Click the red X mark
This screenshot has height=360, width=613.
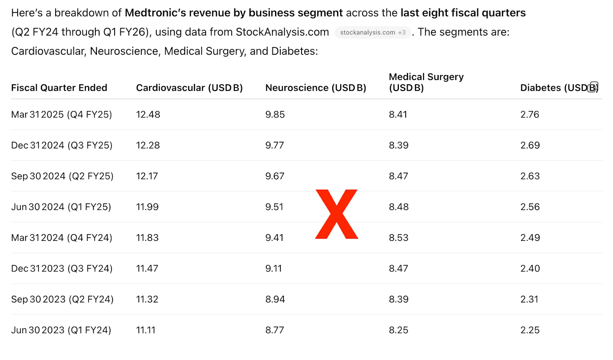(336, 214)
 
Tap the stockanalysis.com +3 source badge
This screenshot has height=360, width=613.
(372, 33)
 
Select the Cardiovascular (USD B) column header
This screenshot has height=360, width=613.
(189, 88)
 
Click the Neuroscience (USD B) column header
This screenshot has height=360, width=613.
(316, 88)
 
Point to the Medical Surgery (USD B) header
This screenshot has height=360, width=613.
(426, 82)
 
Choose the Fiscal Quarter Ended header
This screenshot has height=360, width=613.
(59, 88)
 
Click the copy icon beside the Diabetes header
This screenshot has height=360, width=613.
(593, 87)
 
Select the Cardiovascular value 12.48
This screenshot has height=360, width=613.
(148, 115)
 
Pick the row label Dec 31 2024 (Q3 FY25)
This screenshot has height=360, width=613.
(62, 146)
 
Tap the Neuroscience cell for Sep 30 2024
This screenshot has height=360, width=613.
(275, 176)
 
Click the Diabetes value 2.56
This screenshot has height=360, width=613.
(530, 207)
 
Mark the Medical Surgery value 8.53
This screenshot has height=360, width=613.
(398, 238)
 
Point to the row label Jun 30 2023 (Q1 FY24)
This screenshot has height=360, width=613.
(61, 330)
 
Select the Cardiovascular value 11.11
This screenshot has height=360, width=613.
(146, 330)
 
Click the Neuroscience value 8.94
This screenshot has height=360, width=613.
(275, 299)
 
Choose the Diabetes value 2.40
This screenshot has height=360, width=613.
(530, 268)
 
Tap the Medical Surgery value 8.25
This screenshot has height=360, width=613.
(398, 330)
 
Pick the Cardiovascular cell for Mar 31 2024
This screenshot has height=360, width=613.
(147, 238)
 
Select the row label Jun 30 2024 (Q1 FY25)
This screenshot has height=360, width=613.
(61, 207)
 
